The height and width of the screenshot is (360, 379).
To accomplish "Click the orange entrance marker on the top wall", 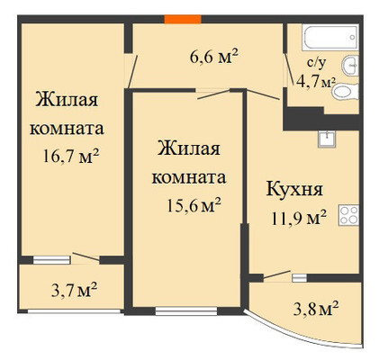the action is [183, 19].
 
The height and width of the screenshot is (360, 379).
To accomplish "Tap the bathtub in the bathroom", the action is [330, 37].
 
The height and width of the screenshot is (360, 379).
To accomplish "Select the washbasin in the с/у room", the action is [350, 66].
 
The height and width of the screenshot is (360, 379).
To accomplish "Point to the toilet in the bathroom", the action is [346, 91].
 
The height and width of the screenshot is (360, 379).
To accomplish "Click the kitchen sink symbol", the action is [327, 139].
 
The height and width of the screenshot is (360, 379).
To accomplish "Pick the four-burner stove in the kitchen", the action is [349, 215].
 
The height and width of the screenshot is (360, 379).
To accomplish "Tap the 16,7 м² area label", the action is [71, 156].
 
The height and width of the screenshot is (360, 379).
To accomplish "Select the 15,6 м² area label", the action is [194, 205].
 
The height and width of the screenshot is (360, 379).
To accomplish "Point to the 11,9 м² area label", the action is [299, 218].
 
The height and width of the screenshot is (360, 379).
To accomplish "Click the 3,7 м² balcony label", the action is [74, 290].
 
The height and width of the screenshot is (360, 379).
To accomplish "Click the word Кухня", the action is [294, 189].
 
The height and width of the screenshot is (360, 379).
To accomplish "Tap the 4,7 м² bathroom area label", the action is [315, 82].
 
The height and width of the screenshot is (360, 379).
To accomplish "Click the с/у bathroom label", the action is [317, 63].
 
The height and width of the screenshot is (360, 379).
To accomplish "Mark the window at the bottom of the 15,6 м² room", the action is [186, 310].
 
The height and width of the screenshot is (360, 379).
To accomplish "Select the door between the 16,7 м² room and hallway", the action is [132, 71].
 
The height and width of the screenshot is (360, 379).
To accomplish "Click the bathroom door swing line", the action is [289, 69].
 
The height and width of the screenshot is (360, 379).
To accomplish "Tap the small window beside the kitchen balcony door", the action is [299, 278].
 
